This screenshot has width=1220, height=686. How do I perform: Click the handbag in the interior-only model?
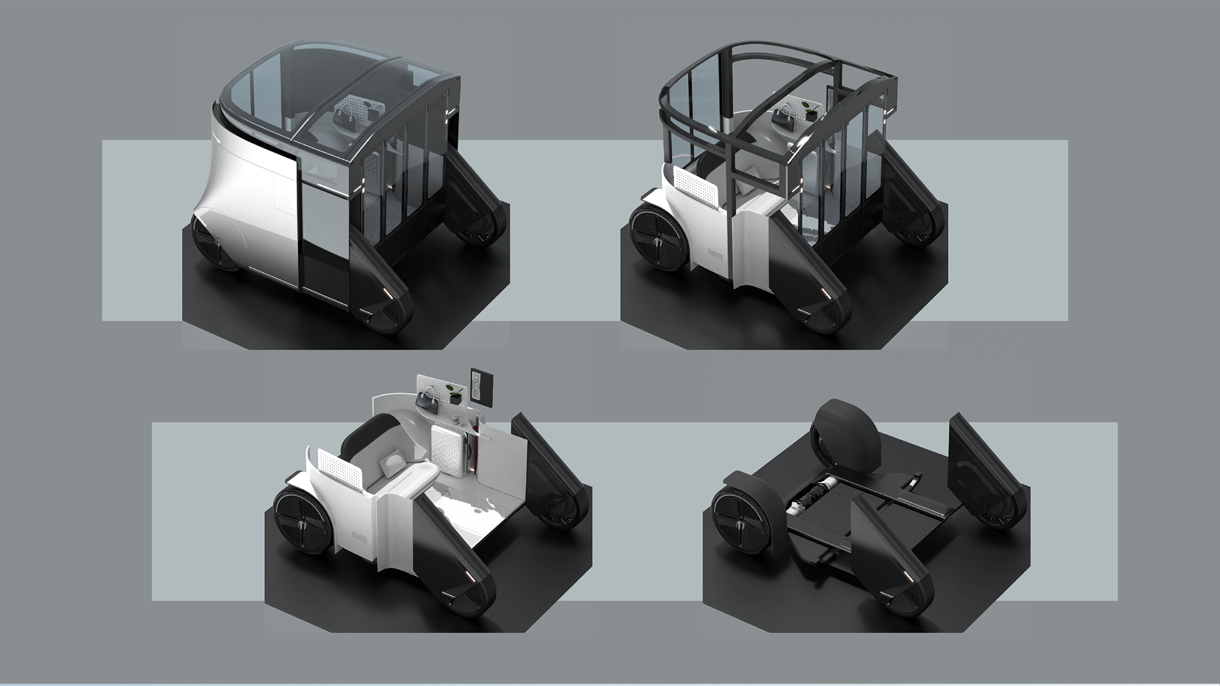pos(426,399)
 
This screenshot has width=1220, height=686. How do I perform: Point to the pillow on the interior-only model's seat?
pos(389,466)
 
